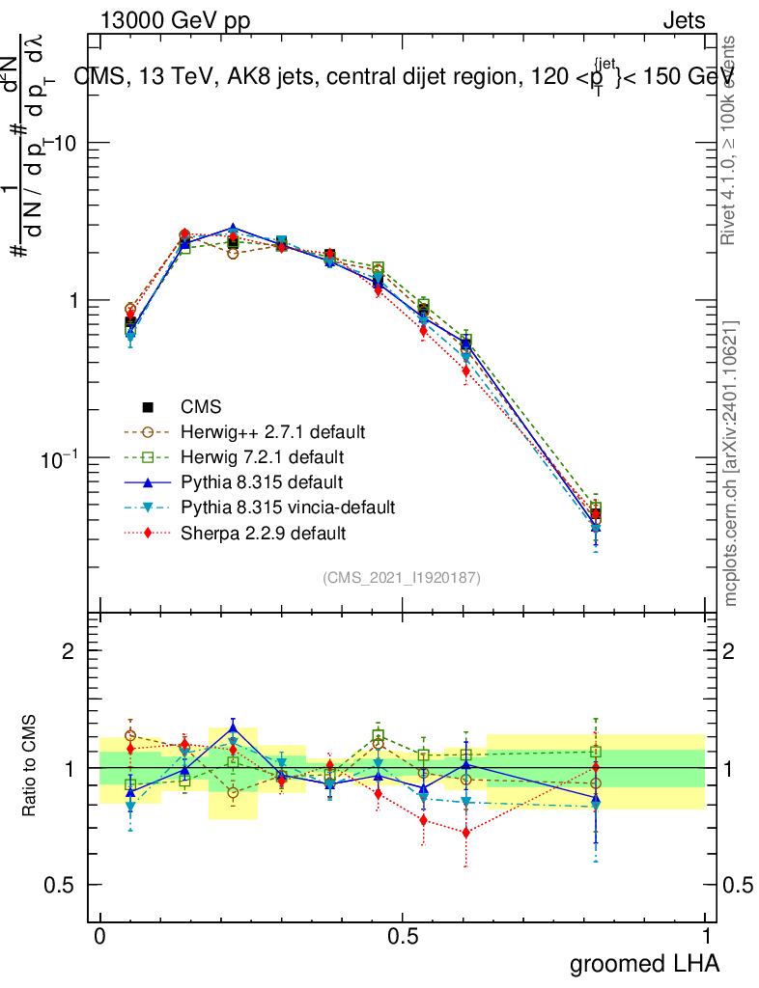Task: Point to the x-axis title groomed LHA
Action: click(645, 963)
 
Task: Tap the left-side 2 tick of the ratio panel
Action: click(69, 651)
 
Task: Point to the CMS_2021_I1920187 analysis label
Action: click(402, 577)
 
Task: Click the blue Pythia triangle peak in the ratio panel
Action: click(233, 728)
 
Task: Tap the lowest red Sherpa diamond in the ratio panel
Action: click(466, 832)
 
